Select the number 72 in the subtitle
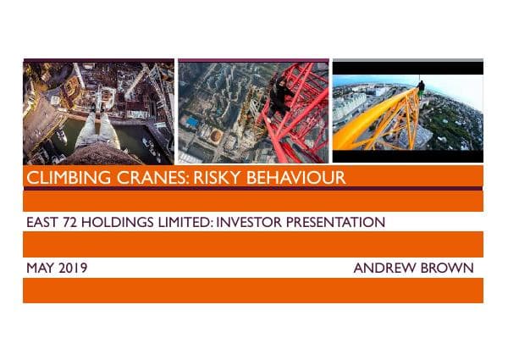73,223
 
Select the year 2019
74,269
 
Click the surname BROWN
449,269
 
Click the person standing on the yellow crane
421,88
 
